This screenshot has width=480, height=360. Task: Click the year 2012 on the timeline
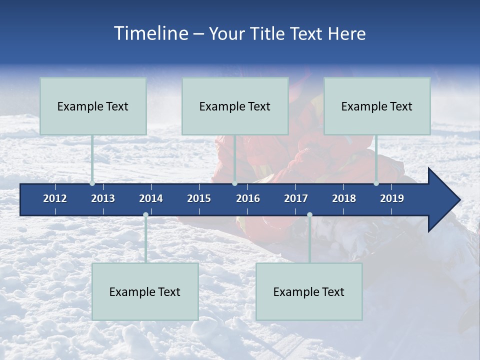[55, 198]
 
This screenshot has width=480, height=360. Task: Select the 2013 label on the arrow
[103, 198]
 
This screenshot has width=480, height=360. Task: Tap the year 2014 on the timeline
[151, 198]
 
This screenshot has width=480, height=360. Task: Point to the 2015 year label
[199, 198]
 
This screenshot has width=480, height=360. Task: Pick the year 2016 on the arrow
[248, 198]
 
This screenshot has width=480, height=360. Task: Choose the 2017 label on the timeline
[296, 198]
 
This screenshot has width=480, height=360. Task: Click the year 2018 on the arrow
[344, 198]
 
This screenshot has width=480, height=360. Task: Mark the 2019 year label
[392, 198]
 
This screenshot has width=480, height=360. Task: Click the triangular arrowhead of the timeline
[442, 200]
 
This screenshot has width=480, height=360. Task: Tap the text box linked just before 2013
[93, 106]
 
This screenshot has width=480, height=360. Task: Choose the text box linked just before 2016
[235, 106]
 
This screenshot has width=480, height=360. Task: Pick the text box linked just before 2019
[377, 106]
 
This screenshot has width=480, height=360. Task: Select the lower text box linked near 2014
[145, 291]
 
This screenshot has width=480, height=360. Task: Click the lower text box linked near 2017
[309, 291]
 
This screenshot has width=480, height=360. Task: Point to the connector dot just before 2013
[92, 183]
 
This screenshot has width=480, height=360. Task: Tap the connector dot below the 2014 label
[145, 215]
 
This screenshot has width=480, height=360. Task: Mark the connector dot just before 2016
[234, 183]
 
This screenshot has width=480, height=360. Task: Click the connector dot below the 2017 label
[309, 215]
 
